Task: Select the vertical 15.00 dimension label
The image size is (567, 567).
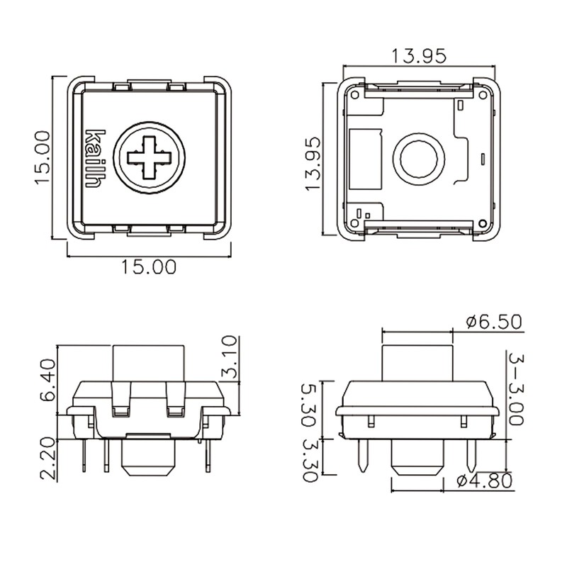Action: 42,157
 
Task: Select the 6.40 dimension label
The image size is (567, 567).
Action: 47,381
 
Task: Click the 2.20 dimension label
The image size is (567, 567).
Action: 47,459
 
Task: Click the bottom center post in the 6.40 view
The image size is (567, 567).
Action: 148,457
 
